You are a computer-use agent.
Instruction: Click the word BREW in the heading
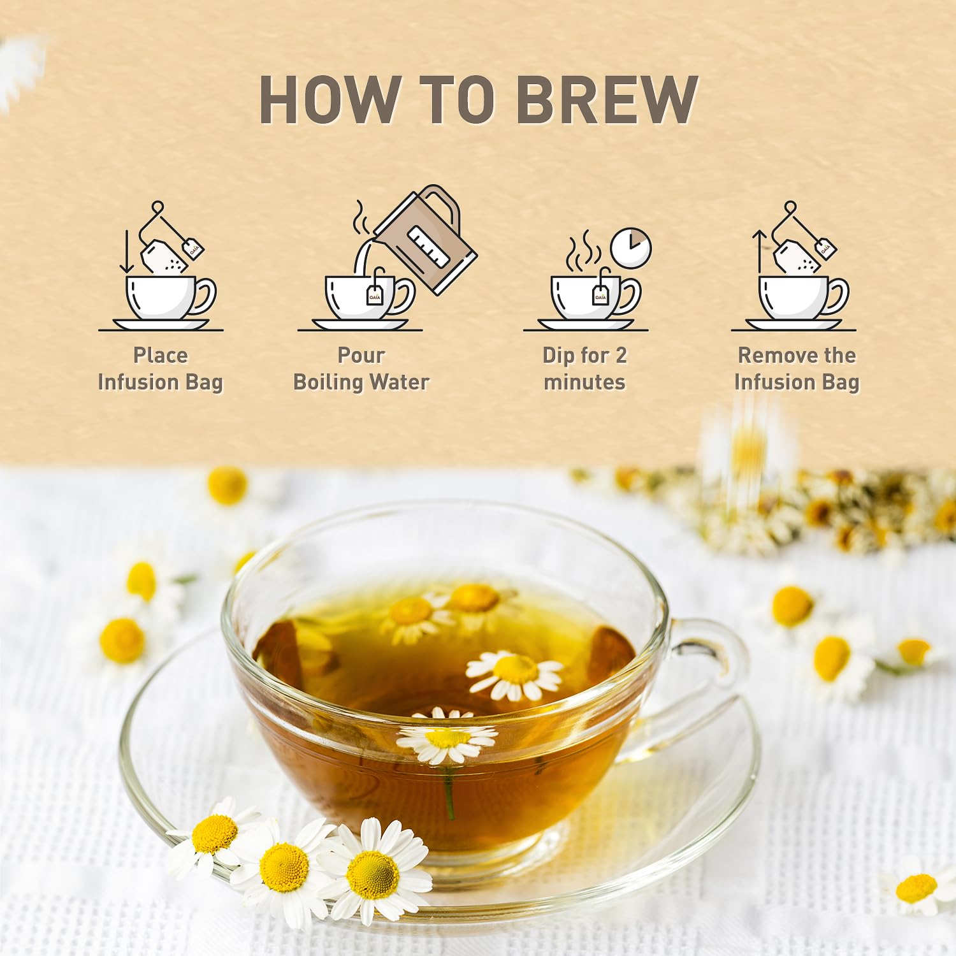(607, 99)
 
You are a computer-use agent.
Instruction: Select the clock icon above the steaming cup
(631, 248)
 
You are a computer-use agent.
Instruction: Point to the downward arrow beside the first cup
(127, 251)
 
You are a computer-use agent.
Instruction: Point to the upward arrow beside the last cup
(759, 251)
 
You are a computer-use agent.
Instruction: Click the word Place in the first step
(161, 355)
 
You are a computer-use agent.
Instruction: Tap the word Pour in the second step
(361, 355)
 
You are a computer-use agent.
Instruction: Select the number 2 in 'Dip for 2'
(621, 355)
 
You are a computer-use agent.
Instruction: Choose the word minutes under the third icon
(584, 382)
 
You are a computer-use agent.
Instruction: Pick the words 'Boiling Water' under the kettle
(361, 382)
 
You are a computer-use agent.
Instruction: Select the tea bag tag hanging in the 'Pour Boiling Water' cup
(375, 295)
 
